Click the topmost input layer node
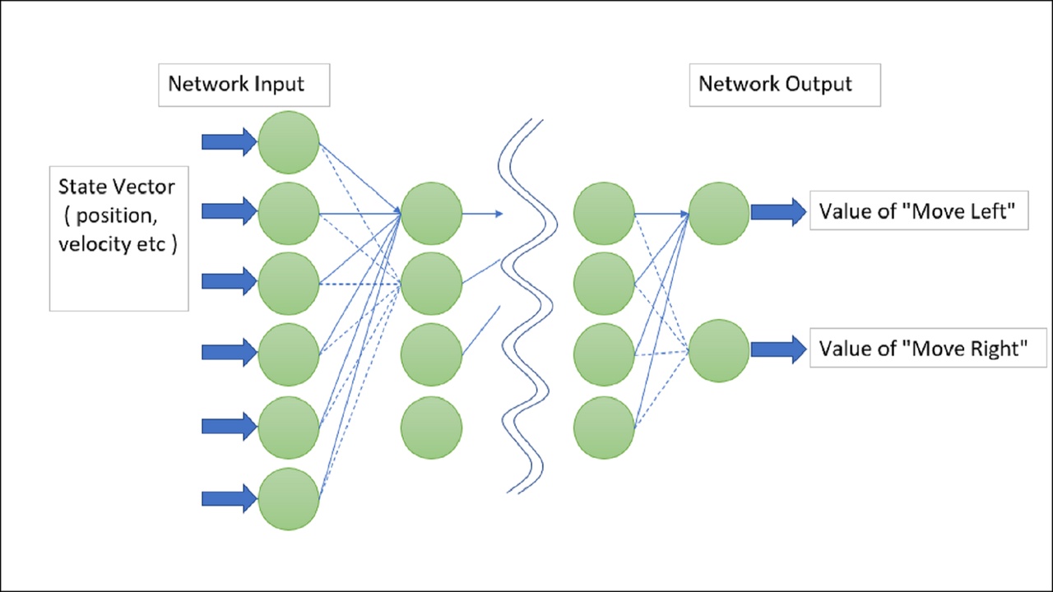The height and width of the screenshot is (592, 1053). tap(288, 142)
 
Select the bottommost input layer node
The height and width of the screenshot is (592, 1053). tap(288, 499)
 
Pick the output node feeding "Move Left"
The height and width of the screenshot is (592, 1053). tap(719, 213)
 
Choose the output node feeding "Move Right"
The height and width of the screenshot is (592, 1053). tap(719, 350)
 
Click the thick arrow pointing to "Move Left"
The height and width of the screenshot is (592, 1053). tap(778, 211)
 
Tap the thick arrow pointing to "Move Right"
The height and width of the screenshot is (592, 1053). tap(778, 349)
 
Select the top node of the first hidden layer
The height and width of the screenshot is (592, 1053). tap(431, 214)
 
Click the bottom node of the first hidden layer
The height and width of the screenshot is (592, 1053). tap(431, 427)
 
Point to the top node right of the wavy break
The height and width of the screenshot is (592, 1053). tap(604, 214)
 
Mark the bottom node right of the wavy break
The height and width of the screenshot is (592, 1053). tap(604, 427)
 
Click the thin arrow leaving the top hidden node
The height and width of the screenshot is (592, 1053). tap(482, 214)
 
